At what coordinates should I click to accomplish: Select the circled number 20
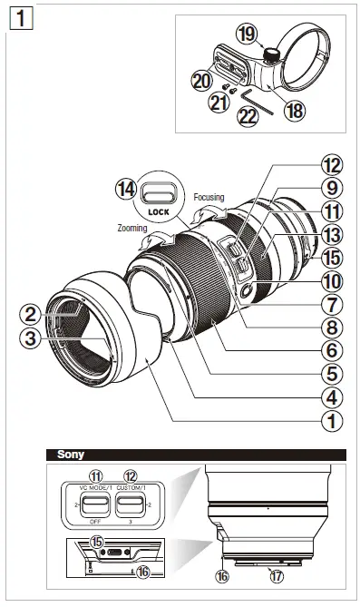pos(201,80)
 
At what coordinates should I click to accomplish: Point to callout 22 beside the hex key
pos(248,116)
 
